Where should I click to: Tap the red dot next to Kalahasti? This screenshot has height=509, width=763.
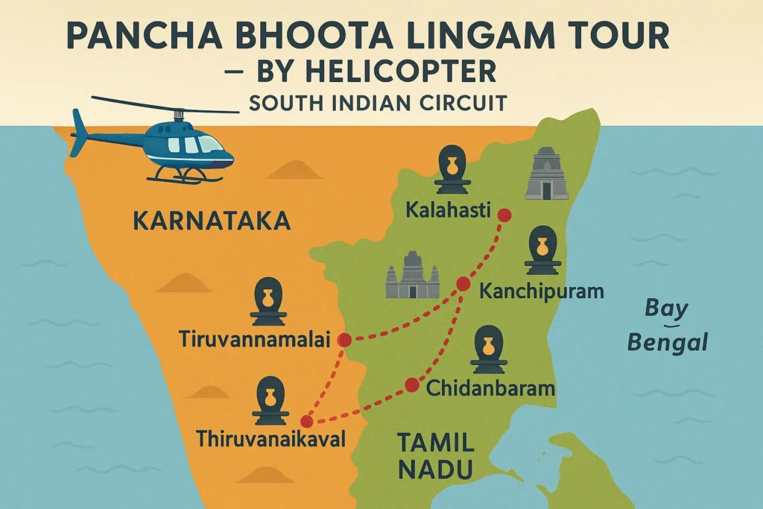coord(504,215)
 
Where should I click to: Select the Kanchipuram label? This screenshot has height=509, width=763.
coord(542,290)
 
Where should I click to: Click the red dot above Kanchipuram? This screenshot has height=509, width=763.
coord(463,283)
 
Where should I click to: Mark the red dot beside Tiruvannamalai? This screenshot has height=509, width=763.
coord(344,340)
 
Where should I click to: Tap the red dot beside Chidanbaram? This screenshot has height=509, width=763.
coord(411,385)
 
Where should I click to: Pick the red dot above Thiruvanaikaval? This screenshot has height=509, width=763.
coord(306,421)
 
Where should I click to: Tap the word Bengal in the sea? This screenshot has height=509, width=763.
coord(667,344)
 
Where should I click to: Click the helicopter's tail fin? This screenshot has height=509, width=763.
coord(78,131)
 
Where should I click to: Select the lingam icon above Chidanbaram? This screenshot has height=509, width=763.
coord(490,350)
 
